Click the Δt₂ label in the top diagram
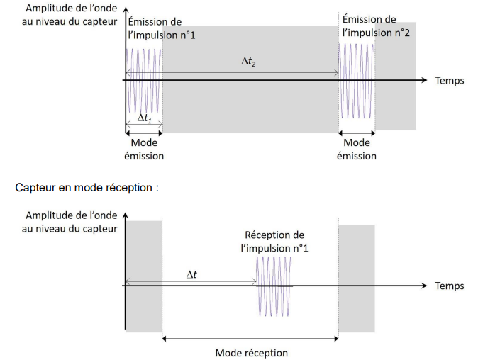coord(248,63)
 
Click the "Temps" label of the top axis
coord(450,81)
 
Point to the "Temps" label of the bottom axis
coord(450,286)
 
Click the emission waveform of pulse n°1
coord(144,80)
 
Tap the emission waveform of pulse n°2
coord(357,80)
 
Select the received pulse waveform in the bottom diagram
coord(274,286)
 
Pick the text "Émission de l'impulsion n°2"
coord(369,26)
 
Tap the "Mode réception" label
coord(251,352)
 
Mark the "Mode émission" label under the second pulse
coord(357,150)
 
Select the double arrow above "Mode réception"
coord(250,339)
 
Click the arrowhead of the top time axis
coord(425,80)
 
